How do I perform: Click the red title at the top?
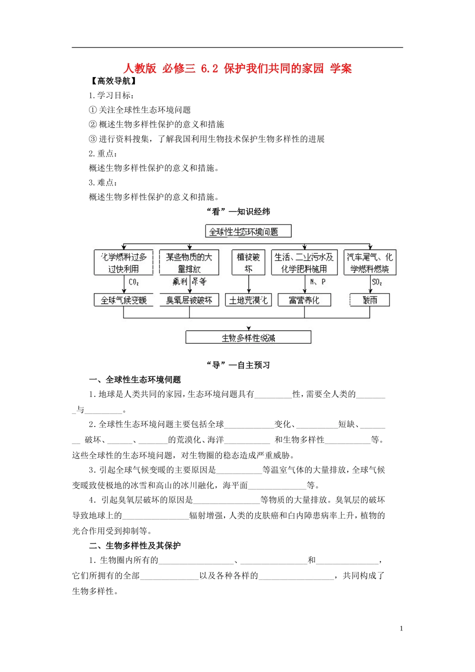tap(237, 68)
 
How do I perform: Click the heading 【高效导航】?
tap(113, 81)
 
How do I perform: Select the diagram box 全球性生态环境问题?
tap(248, 231)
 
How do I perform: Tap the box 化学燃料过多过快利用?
tap(123, 263)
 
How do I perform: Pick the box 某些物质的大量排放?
tap(189, 263)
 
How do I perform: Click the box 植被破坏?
tap(248, 263)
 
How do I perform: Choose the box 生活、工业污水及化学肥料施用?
tap(304, 263)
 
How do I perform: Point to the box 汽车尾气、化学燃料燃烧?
tap(369, 263)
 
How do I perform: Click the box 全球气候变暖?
tap(123, 300)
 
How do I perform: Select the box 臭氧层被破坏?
tap(189, 300)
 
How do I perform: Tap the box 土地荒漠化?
tap(248, 300)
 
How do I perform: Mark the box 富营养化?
tap(304, 300)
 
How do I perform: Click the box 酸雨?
tap(370, 300)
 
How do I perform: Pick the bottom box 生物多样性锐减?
tap(248, 337)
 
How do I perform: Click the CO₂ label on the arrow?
tap(133, 282)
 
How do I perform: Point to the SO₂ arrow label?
tap(377, 282)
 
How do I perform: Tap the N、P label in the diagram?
tap(317, 282)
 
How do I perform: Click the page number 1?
tap(401, 628)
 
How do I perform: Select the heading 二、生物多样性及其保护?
tap(135, 545)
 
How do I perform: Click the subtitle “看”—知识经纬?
tap(238, 211)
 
